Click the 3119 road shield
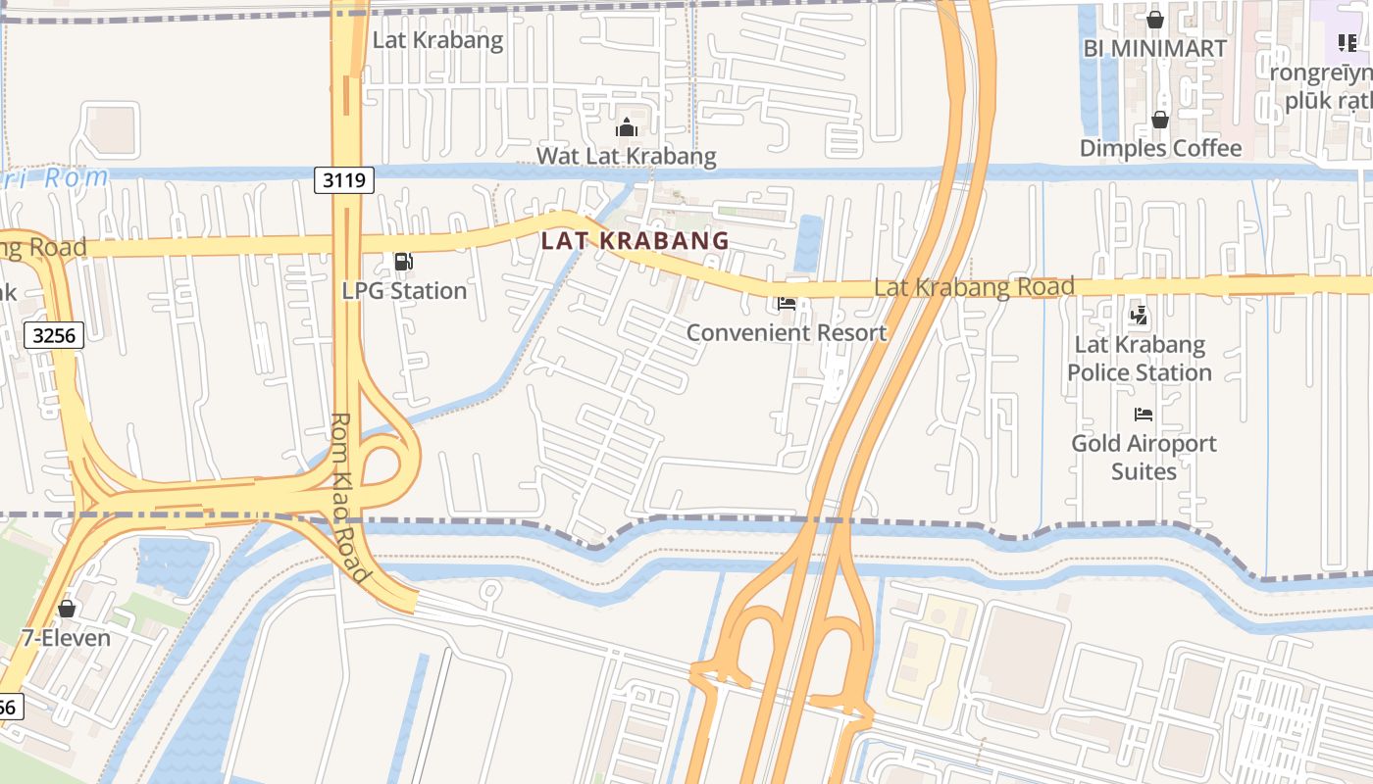344,180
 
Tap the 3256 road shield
54,336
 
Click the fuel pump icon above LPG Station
402,262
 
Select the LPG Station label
404,291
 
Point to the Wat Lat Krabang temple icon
626,127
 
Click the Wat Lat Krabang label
626,156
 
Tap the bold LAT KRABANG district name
635,240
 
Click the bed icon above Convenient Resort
786,304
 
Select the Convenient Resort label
786,332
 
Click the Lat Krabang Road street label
974,287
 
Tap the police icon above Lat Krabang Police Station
1139,316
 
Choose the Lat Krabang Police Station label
1140,359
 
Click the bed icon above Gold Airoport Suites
1143,415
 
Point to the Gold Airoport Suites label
1144,457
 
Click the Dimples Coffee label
1160,148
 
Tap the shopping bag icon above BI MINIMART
1155,19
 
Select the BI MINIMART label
1154,48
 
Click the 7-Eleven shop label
66,638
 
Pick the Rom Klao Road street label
349,497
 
